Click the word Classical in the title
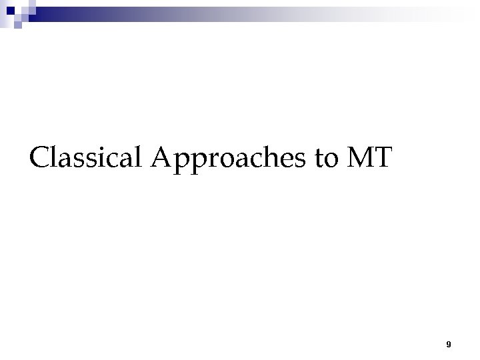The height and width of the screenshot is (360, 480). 88,158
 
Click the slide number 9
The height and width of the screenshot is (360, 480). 449,345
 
